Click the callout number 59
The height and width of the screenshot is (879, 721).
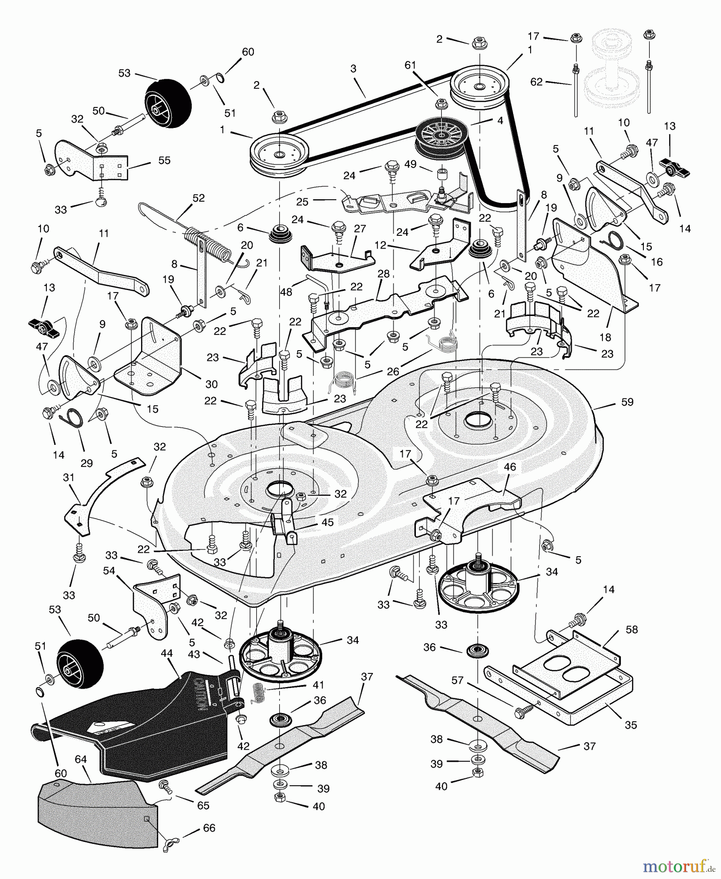tap(627, 402)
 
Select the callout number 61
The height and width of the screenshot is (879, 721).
tap(410, 65)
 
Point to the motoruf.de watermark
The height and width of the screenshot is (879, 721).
tap(676, 866)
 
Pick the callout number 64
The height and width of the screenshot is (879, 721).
tap(81, 759)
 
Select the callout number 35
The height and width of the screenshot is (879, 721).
tap(631, 725)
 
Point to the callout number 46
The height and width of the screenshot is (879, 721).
tap(510, 467)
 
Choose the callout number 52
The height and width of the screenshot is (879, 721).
tap(199, 198)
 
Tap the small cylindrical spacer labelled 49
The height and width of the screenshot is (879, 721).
tap(442, 174)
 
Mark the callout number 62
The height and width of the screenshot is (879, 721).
tap(536, 82)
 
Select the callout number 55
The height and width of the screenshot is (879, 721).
tap(165, 160)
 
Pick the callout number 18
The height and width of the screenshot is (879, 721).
tap(605, 337)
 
